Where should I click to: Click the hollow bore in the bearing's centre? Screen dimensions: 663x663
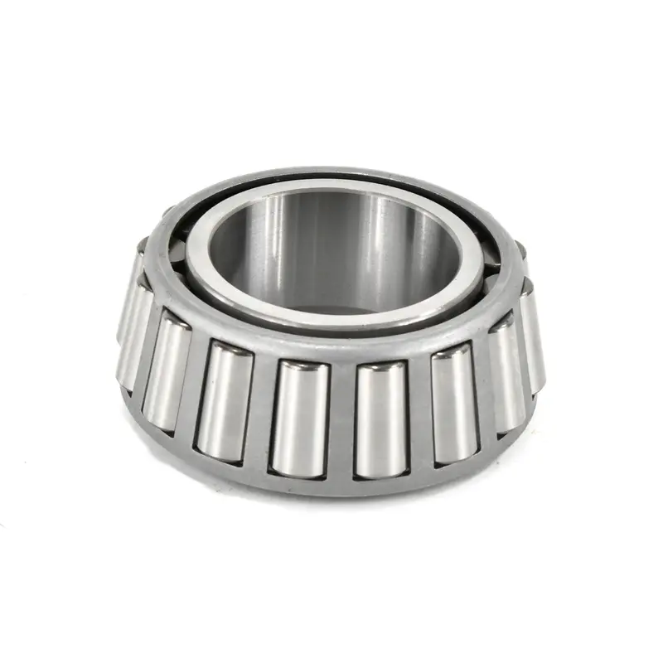(331, 249)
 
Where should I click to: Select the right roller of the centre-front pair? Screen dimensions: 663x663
(381, 419)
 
